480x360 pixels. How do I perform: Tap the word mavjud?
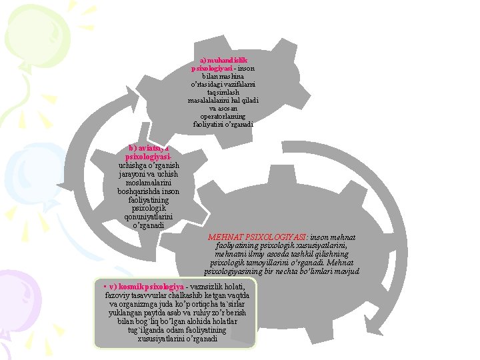click(347, 271)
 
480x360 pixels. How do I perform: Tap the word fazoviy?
click(117, 295)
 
